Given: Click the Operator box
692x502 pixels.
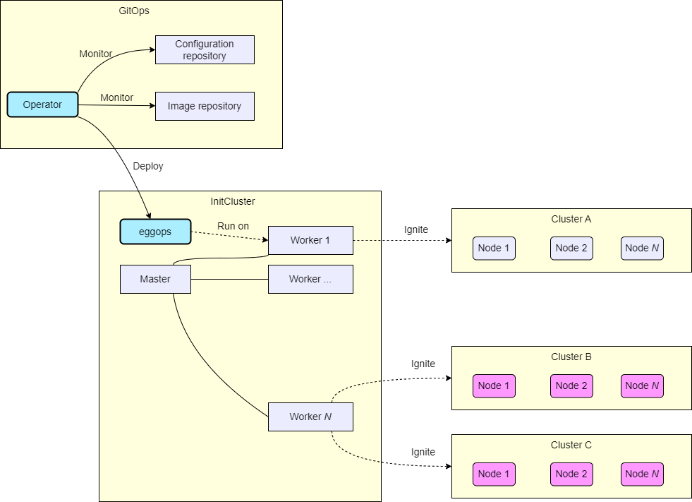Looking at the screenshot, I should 42,104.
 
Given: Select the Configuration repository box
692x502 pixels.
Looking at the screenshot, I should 205,50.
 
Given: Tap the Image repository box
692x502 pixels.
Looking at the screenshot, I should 205,106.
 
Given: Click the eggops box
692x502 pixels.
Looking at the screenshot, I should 155,232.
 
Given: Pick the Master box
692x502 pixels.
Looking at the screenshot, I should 155,279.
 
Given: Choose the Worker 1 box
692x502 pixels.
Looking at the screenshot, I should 310,240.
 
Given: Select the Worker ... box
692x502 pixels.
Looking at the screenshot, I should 310,279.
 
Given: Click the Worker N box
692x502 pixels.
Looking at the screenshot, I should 310,417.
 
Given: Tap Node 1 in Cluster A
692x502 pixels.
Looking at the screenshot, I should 494,248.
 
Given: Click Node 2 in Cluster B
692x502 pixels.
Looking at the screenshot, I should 571,386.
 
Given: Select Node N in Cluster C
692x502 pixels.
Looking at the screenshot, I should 642,474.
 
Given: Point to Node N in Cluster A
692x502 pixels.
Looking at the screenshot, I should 642,248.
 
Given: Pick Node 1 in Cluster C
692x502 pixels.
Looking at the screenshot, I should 494,474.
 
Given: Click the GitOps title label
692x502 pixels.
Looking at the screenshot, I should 134,11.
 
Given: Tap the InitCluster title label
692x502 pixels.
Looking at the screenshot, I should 233,201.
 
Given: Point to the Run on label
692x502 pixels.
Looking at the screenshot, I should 233,226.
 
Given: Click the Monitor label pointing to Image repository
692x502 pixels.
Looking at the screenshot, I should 117,97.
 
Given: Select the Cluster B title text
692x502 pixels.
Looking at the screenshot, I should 571,357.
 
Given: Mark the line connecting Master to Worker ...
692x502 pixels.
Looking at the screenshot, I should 229,279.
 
